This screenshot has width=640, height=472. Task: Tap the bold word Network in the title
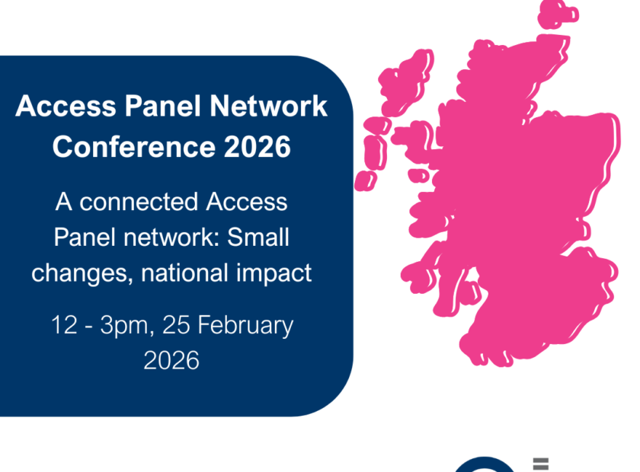(x=268, y=106)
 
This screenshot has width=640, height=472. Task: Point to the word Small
(x=258, y=237)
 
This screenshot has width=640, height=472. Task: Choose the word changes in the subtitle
(x=82, y=274)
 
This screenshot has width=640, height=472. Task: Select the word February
(x=245, y=326)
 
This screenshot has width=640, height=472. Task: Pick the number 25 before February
(x=176, y=325)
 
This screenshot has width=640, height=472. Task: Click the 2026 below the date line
(x=171, y=360)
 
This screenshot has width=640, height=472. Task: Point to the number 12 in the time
(x=64, y=325)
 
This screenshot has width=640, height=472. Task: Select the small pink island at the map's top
(x=557, y=14)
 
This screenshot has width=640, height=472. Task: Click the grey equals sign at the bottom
(x=541, y=464)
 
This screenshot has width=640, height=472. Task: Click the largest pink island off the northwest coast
(x=405, y=83)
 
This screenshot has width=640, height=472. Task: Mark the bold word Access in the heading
(x=66, y=106)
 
